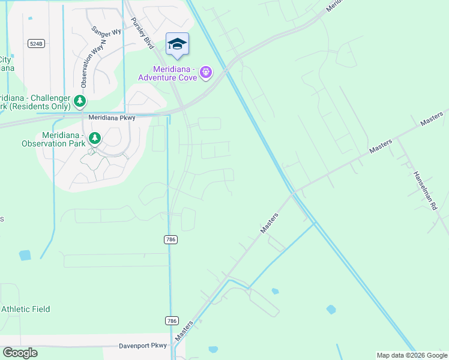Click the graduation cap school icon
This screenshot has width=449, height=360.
[177, 44]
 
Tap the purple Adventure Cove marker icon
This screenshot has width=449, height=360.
[206, 73]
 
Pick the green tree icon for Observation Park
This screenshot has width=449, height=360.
[94, 139]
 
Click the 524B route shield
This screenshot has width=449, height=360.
[35, 43]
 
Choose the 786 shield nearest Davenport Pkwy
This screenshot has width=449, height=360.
[171, 321]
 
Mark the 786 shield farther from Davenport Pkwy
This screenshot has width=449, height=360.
[170, 239]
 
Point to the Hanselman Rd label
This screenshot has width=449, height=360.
[424, 191]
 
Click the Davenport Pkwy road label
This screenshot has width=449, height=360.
[143, 346]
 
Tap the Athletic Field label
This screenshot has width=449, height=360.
[25, 309]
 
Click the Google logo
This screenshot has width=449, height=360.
[20, 353]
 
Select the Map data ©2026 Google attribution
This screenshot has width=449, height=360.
[412, 355]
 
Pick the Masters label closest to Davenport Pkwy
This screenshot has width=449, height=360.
[184, 331]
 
